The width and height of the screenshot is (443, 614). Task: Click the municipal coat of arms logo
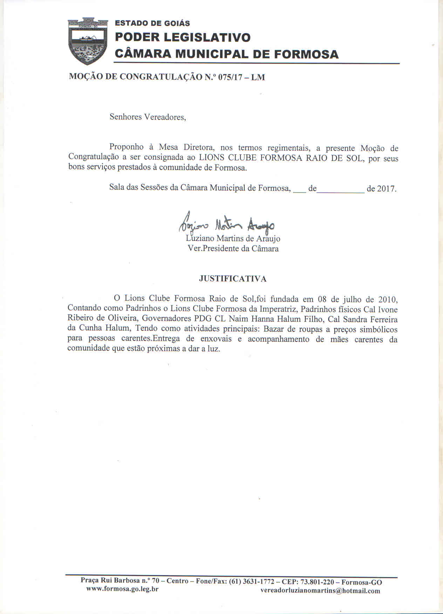tap(87, 41)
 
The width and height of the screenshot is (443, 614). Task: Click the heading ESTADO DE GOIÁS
tap(152, 23)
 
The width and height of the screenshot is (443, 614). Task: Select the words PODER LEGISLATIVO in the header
tap(183, 37)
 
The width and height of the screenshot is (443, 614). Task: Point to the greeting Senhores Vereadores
tap(148, 117)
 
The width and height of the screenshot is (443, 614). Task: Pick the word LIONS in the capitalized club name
tap(212, 158)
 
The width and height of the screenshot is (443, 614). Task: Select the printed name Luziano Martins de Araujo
tap(233, 239)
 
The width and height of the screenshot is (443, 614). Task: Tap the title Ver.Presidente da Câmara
tap(233, 249)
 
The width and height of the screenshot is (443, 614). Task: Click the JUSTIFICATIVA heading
tap(233, 279)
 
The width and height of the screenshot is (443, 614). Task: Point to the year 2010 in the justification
tap(387, 300)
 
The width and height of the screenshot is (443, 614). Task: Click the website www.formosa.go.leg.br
tap(122, 589)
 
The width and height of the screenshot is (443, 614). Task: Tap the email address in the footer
tap(320, 591)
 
